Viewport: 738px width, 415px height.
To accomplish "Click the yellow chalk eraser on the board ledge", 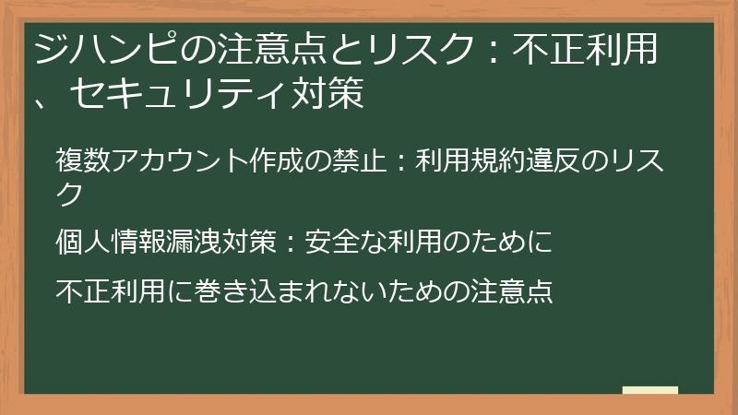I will click(649, 390).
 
